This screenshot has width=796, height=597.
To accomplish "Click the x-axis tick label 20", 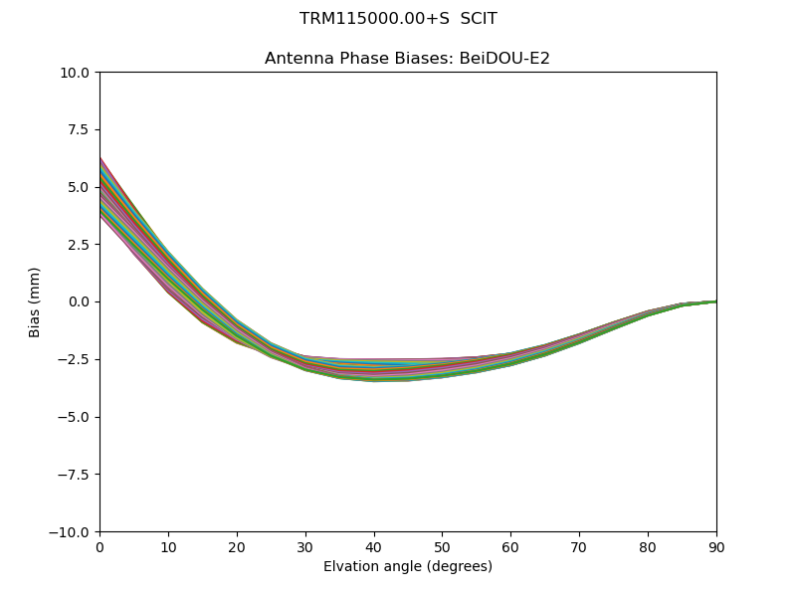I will tap(237, 547).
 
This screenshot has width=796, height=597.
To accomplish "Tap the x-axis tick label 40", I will tap(374, 547).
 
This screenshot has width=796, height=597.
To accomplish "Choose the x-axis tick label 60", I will tap(510, 547).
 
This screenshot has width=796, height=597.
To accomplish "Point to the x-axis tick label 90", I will tap(716, 547).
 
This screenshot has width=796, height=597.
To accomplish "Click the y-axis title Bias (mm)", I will tap(35, 301).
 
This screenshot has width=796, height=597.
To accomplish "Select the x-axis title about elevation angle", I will tap(408, 567).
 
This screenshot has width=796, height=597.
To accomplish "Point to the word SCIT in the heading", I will tap(479, 19).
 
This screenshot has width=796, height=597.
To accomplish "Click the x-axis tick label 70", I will tap(579, 547).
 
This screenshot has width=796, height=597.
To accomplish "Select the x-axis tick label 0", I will tap(99, 547).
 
